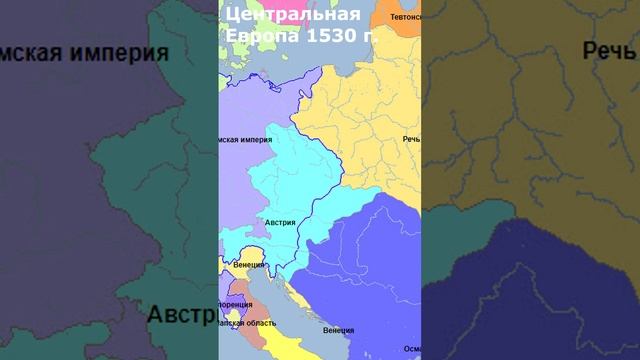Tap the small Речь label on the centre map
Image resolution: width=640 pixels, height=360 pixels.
pos(411,139)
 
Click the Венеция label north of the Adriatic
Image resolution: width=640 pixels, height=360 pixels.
pos(247,264)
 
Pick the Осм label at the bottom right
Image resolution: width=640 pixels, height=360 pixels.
pos(411,348)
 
